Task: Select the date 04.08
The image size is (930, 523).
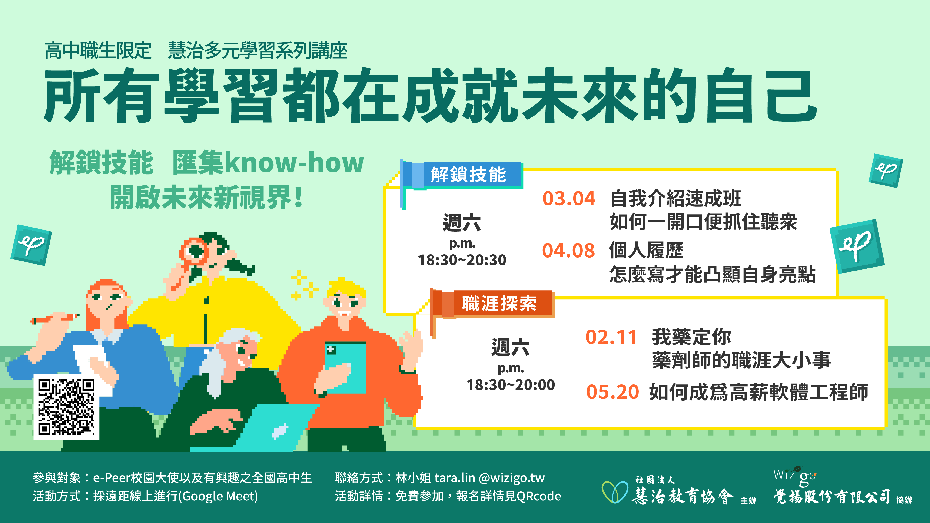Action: [568, 251]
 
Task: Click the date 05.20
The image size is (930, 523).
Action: [612, 392]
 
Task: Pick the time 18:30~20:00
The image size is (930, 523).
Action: [511, 385]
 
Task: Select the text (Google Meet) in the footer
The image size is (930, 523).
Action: [220, 496]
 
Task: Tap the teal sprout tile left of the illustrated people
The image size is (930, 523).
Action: [31, 245]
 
